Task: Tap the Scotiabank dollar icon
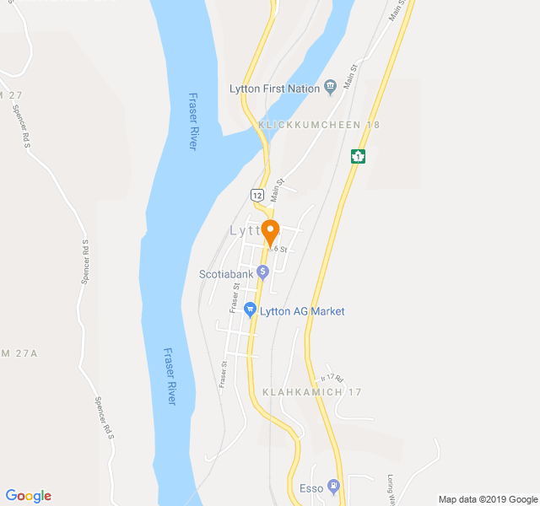[263, 271]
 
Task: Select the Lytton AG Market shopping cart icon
[250, 310]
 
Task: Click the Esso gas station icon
[333, 486]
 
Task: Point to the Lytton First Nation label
[275, 89]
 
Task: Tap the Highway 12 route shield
[256, 195]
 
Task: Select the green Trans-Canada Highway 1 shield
[359, 156]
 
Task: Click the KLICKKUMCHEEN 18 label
[319, 125]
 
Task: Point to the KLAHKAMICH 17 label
[311, 393]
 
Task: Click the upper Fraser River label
[192, 121]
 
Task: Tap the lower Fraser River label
[169, 376]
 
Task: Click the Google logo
[28, 496]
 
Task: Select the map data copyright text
[487, 498]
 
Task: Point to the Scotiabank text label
[226, 273]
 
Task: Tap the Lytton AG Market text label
[302, 311]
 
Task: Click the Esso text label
[310, 488]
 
